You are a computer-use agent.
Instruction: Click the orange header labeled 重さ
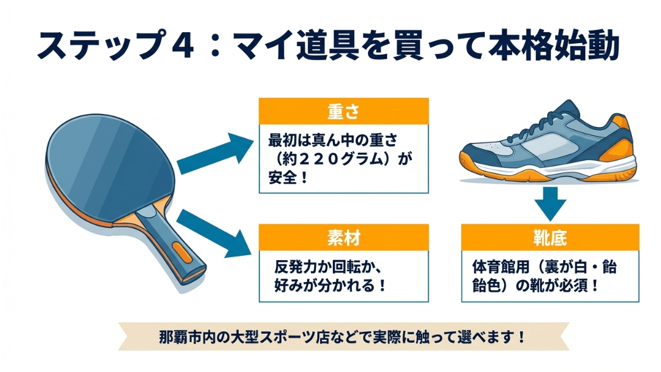[x=343, y=111]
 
